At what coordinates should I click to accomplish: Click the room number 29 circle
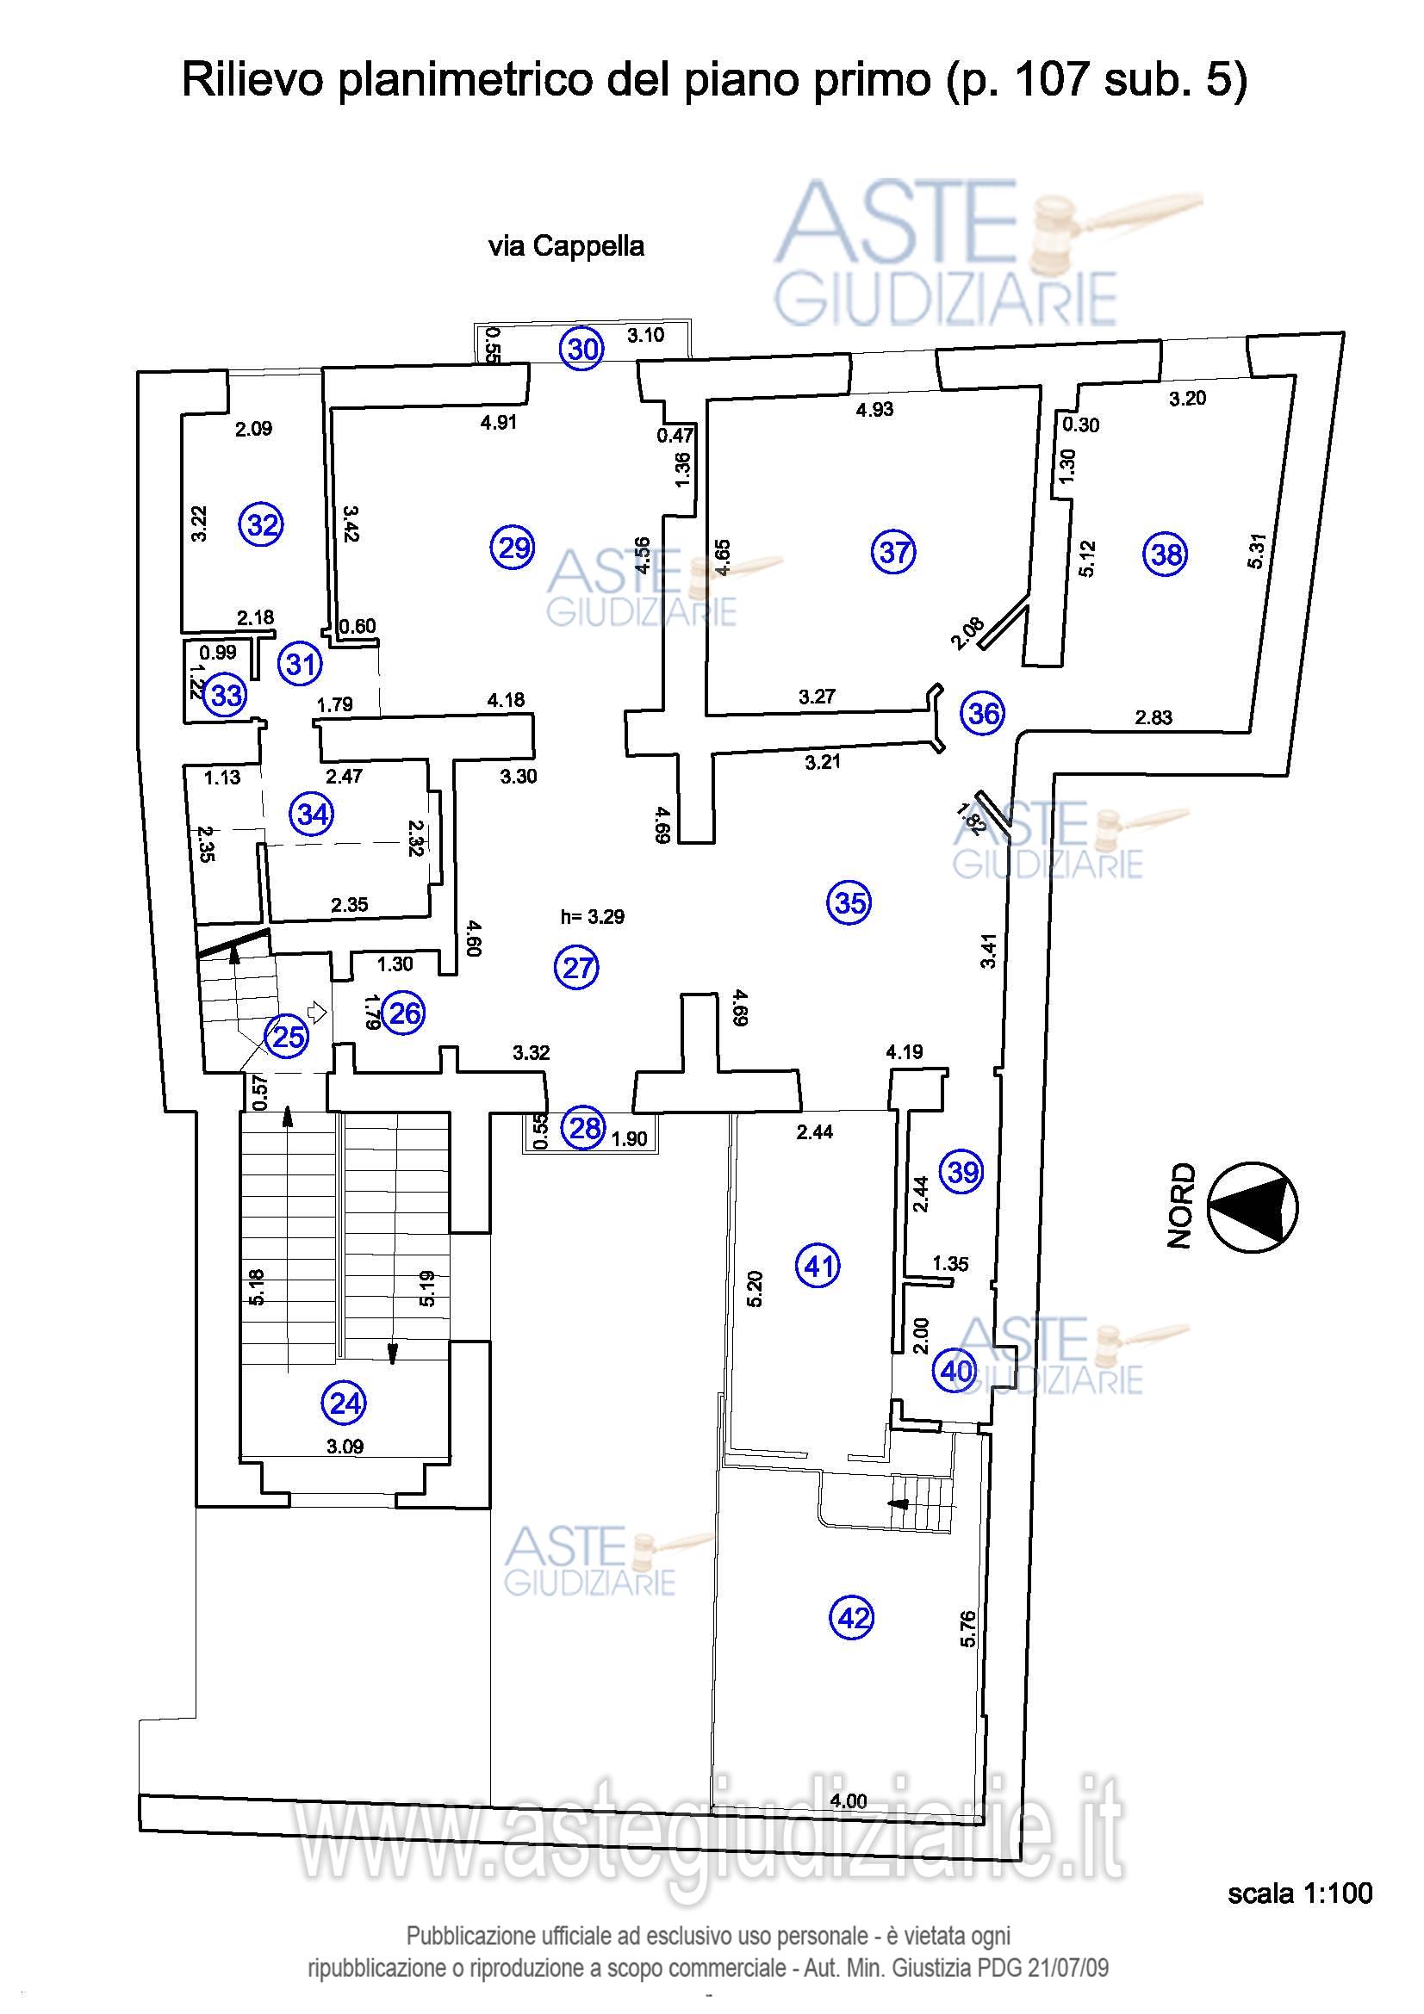point(513,548)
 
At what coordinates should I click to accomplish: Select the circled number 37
point(893,552)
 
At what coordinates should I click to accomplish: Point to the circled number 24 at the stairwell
point(345,1404)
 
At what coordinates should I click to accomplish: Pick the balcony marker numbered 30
point(582,349)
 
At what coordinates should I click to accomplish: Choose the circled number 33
point(226,696)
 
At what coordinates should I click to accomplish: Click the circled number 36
point(983,713)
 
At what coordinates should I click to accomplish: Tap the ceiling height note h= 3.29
point(592,917)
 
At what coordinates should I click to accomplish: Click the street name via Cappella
point(566,246)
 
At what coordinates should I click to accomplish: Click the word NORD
point(1181,1205)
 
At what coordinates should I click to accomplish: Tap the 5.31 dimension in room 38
point(1255,551)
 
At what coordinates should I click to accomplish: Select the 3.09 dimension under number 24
point(345,1447)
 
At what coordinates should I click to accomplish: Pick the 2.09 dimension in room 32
point(253,429)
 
